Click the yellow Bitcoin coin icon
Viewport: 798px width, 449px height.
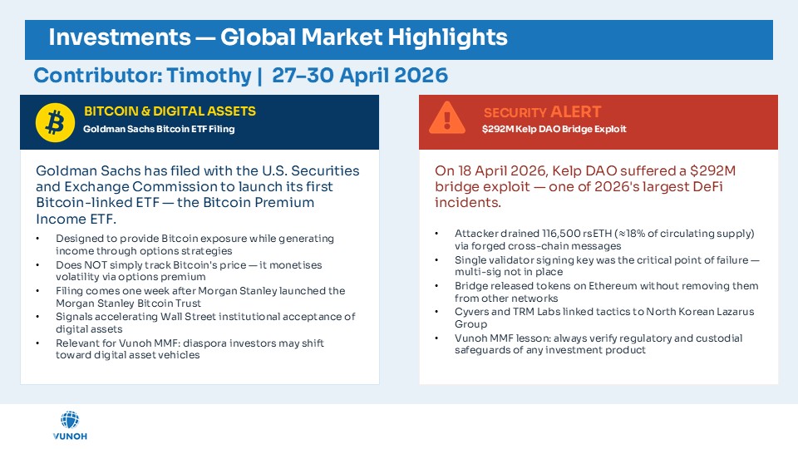(56, 122)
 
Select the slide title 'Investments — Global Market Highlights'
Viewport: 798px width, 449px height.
(278, 37)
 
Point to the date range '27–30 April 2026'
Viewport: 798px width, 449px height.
(359, 76)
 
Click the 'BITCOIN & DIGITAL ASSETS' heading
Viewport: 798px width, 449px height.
(170, 111)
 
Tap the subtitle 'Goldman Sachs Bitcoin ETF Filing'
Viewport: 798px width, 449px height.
(159, 129)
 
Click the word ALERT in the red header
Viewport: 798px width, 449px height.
(575, 111)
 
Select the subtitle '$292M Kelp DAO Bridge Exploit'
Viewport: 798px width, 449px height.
(554, 129)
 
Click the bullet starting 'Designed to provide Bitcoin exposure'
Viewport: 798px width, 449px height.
(195, 244)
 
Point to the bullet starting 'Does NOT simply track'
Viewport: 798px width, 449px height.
(189, 270)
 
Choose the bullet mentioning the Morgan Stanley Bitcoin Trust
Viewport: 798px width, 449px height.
(199, 297)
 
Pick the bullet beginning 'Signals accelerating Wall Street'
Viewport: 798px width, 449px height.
(204, 323)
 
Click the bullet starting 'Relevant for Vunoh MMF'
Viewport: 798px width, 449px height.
(190, 348)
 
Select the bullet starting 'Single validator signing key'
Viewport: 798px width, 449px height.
(606, 265)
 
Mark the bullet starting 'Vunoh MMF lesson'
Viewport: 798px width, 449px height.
(598, 343)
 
